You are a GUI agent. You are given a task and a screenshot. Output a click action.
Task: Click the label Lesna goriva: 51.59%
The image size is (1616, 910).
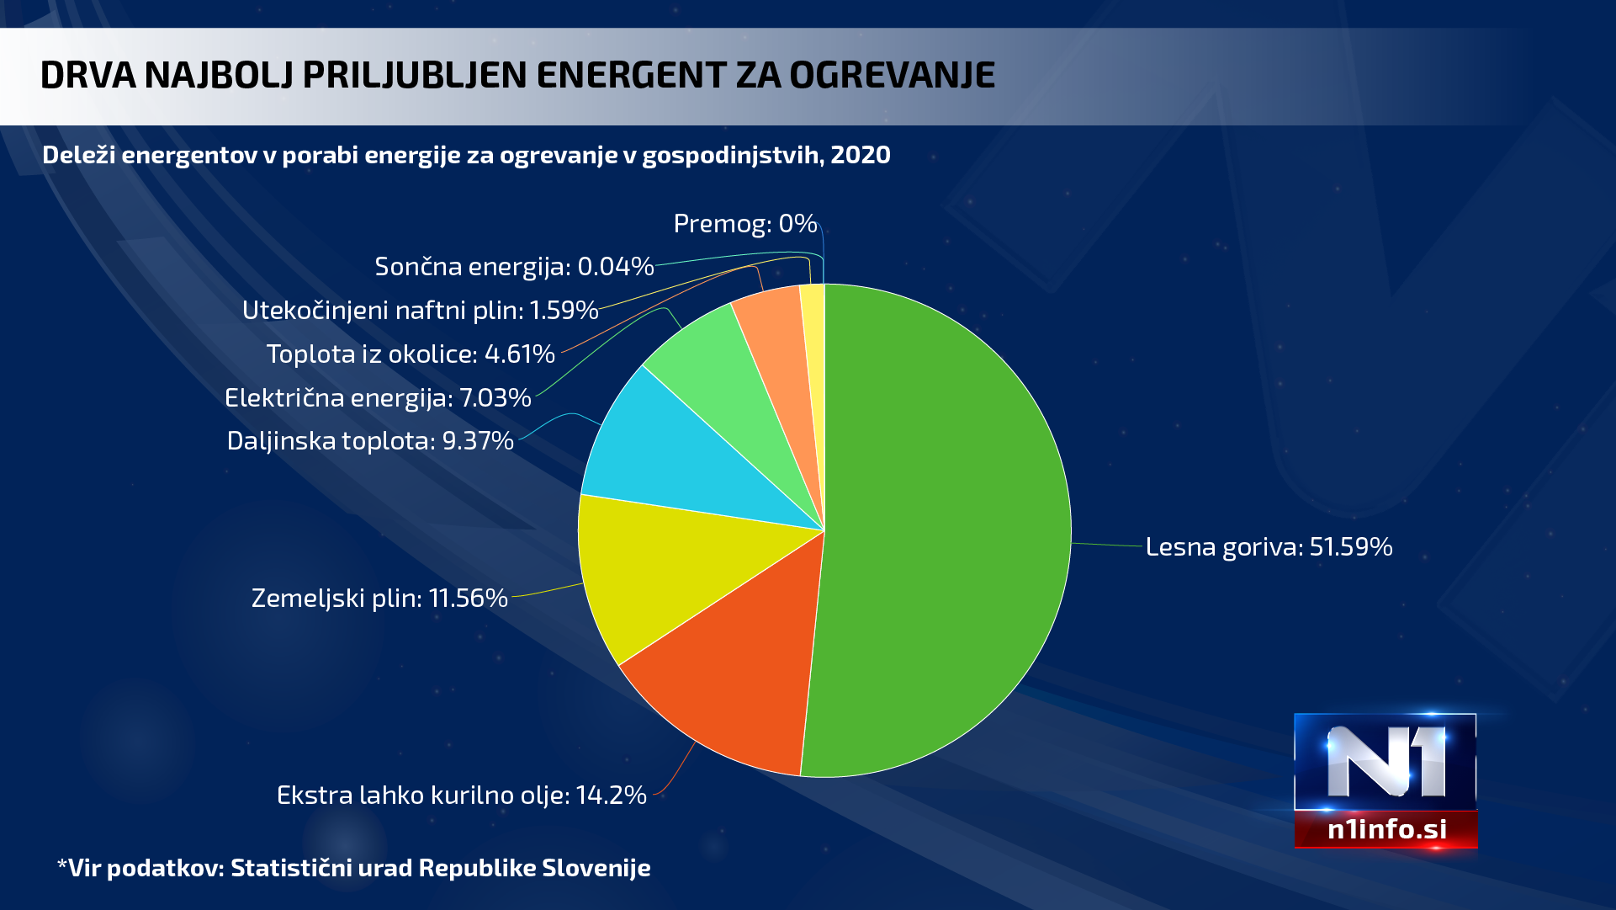[1269, 547]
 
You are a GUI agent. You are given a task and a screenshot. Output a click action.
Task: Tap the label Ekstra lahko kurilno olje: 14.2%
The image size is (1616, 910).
[461, 796]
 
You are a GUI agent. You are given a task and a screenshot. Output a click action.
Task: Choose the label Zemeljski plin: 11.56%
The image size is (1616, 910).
[379, 599]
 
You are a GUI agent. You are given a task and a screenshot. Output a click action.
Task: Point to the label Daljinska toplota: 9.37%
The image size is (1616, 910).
[370, 441]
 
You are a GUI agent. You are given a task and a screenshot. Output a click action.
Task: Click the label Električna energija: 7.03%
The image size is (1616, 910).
[378, 397]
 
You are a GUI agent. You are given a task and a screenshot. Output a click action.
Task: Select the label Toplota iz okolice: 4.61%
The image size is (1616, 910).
[411, 354]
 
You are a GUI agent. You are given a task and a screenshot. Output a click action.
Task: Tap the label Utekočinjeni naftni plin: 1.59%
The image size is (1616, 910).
[420, 311]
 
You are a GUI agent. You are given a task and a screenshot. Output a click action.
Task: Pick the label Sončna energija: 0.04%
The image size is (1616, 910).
[514, 267]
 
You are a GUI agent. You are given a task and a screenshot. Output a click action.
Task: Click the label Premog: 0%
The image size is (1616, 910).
[745, 224]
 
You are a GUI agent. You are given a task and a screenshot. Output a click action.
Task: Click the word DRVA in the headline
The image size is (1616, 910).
[87, 76]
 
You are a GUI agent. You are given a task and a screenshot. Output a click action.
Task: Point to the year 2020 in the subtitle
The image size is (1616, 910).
[861, 155]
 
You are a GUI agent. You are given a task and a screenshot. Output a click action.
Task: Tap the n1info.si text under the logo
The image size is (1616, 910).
[1386, 830]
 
